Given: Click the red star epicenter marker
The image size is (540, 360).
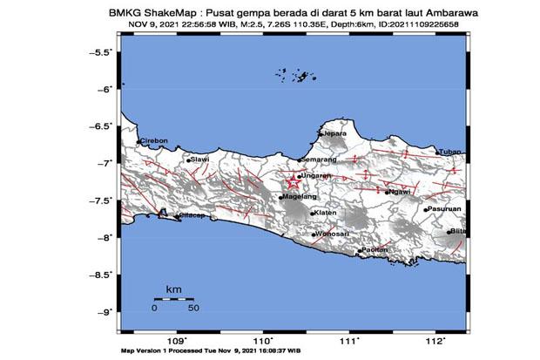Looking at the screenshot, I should tap(292, 181).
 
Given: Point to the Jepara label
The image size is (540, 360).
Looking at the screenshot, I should tap(334, 133).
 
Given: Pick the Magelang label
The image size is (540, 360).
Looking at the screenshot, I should tap(296, 197).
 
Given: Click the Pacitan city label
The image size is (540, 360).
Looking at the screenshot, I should tap(375, 250).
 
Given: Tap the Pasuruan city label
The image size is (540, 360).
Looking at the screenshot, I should tap(443, 209).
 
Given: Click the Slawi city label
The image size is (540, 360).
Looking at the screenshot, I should tap(200, 160).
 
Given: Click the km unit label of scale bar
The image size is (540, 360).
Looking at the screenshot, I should tap(173, 287).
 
